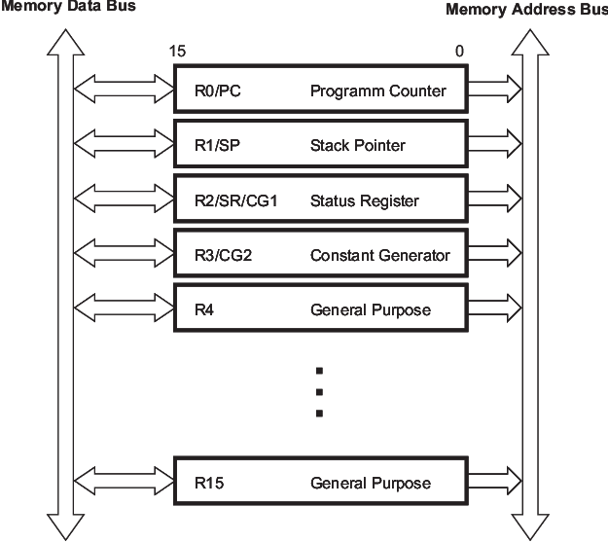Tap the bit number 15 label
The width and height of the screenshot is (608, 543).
(177, 51)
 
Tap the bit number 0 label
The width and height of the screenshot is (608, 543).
(459, 51)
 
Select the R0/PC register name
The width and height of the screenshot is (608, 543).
(216, 91)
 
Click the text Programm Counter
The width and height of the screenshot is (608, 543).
(377, 91)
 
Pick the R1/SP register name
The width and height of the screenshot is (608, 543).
(216, 146)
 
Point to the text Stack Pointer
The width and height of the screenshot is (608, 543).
(357, 146)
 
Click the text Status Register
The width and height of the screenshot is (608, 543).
(364, 201)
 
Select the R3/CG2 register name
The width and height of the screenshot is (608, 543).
(225, 256)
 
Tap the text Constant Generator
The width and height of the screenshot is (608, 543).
(379, 256)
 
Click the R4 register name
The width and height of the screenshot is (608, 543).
(204, 310)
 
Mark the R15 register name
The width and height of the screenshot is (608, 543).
(208, 483)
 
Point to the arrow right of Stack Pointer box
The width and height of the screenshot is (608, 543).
(494, 146)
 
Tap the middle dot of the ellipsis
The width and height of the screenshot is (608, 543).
(318, 392)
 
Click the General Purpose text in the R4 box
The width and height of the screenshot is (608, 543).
(370, 310)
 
